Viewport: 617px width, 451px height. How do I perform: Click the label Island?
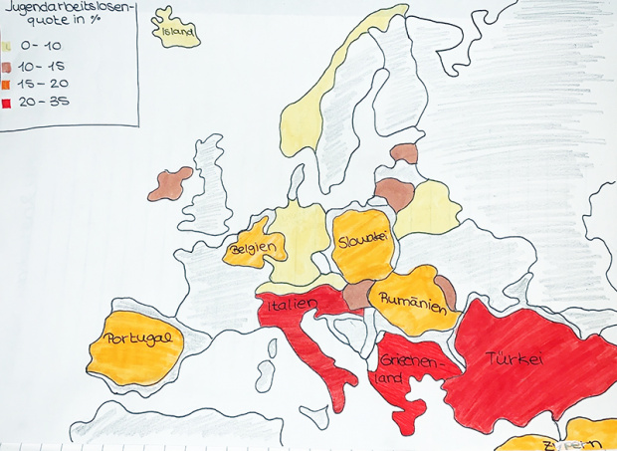click(x=175, y=31)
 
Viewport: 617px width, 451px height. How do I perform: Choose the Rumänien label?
click(x=409, y=300)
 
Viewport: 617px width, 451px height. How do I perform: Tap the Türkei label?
click(x=514, y=361)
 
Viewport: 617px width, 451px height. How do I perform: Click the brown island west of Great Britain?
click(x=170, y=183)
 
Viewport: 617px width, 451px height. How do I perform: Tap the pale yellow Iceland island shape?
click(x=176, y=30)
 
